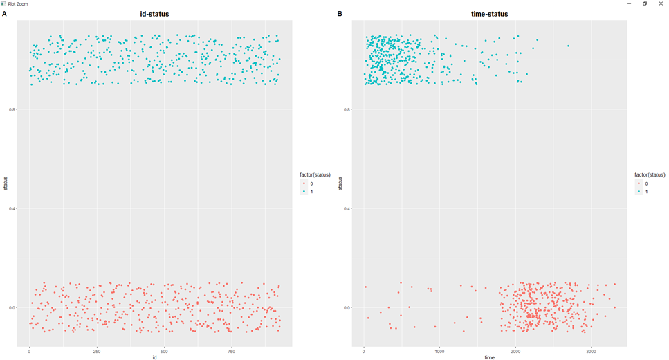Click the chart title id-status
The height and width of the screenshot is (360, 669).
[x=154, y=14]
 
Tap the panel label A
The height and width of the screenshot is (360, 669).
[x=5, y=14]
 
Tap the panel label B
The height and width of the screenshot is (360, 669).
[x=339, y=14]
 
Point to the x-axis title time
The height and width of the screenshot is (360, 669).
[x=489, y=357]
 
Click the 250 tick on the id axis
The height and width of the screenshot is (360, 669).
[x=96, y=351]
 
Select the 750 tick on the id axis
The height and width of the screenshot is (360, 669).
[x=231, y=351]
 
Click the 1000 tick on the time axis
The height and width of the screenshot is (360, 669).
[x=439, y=351]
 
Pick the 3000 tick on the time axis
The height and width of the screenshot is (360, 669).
[x=590, y=351]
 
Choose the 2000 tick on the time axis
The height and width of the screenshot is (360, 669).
[x=515, y=351]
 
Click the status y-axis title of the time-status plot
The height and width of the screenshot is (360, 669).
[x=340, y=183]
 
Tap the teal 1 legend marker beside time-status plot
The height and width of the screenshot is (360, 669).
[x=639, y=191]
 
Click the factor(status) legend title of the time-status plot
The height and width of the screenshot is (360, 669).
[x=650, y=174]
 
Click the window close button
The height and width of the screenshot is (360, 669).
[x=661, y=3]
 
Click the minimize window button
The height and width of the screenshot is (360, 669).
[x=629, y=3]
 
